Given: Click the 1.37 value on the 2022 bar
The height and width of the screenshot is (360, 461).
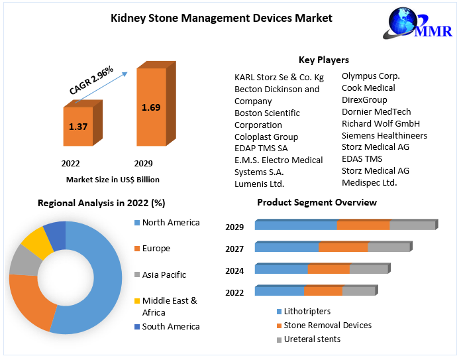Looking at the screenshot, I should tap(78, 126).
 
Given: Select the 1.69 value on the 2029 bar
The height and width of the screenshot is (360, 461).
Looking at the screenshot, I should tap(151, 106).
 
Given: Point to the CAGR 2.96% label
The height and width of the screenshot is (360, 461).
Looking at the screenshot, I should tap(91, 79).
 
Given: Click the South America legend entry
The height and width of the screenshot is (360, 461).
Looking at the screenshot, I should tap(170, 326).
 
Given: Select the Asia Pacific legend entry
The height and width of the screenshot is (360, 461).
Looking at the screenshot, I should tap(164, 274).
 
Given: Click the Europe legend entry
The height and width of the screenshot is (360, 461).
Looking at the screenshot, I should tap(156, 249).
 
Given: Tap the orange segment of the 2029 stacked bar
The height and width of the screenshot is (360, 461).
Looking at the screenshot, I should tap(363, 225).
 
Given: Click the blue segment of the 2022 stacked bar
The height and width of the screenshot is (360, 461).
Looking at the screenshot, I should tap(279, 291).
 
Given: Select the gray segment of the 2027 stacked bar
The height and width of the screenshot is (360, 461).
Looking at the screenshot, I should tap(389, 247).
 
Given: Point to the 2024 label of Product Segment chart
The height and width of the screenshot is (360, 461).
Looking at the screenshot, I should tap(234, 270).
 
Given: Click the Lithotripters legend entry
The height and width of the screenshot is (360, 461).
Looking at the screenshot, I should tap(307, 311).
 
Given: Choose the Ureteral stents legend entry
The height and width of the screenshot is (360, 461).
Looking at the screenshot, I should tap(311, 339).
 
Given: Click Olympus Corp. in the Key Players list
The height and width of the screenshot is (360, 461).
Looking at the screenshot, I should tap(370, 76).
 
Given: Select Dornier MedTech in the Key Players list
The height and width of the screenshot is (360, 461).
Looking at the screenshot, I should tap(376, 111).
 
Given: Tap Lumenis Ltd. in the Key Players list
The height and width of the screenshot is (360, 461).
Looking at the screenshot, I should tap(259, 184).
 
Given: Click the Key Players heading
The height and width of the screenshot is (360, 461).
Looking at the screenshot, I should tap(323, 60).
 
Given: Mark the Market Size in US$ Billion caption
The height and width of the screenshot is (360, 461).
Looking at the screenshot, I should tap(113, 179).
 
